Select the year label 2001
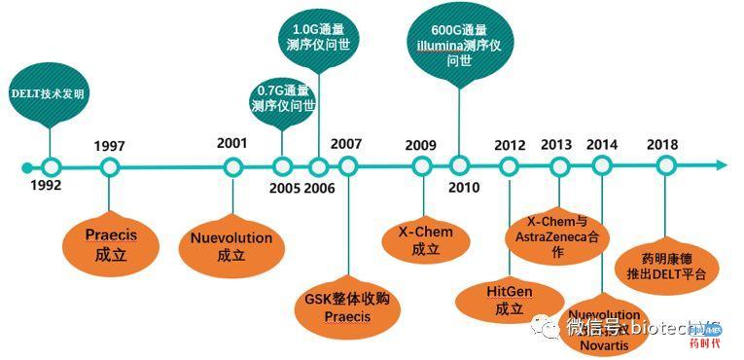tap(232, 143)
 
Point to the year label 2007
tap(346, 143)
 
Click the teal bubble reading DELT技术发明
tap(48, 94)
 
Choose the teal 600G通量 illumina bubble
tap(458, 43)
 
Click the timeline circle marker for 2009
tap(421, 165)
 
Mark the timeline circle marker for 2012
tap(509, 165)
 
